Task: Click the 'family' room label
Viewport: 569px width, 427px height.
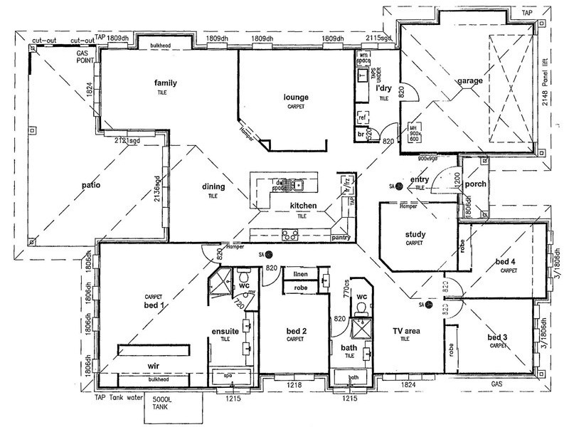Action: (x=165, y=83)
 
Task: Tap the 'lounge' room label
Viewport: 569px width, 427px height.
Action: (x=295, y=97)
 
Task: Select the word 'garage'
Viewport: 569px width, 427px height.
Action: (x=470, y=80)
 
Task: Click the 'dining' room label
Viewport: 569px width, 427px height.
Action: (x=213, y=186)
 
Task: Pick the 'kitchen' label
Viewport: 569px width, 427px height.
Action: (x=303, y=206)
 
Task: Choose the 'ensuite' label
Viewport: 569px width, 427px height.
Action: (x=225, y=332)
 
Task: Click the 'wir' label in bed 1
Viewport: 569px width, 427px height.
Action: (x=152, y=366)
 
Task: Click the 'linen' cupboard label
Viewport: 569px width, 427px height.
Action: (x=299, y=273)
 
